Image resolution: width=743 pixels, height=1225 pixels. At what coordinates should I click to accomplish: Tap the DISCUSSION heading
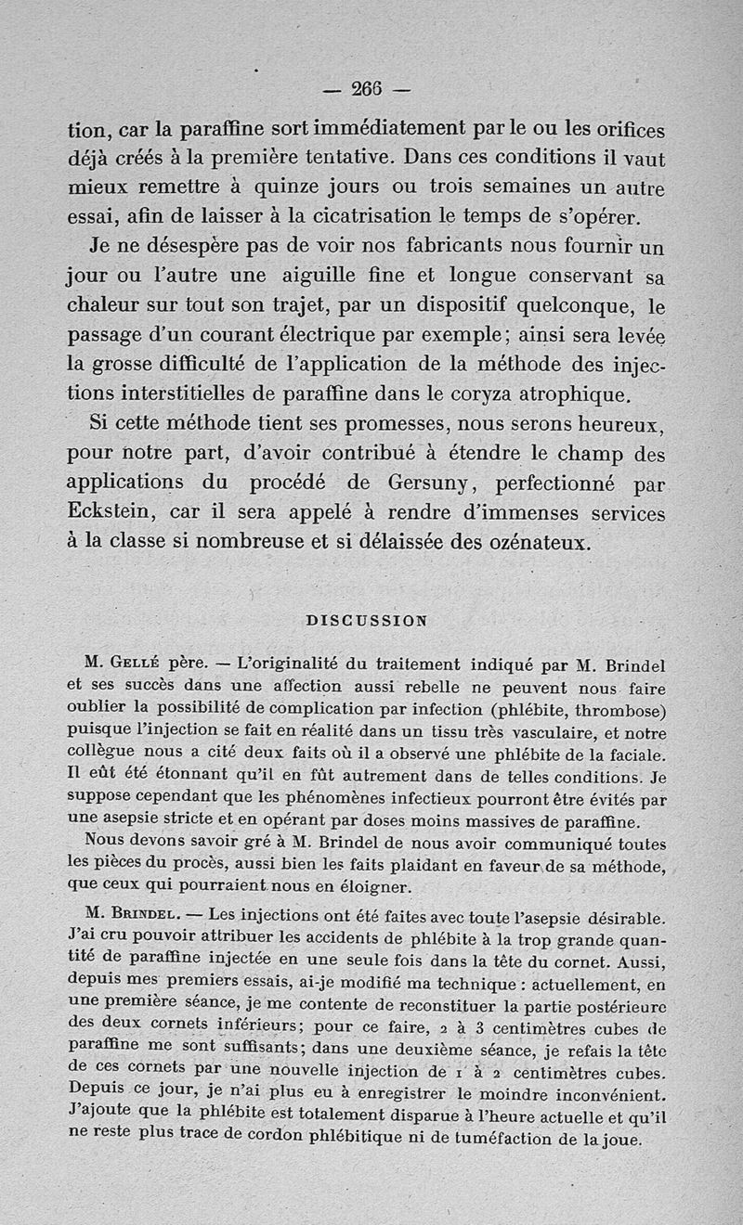(367, 622)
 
